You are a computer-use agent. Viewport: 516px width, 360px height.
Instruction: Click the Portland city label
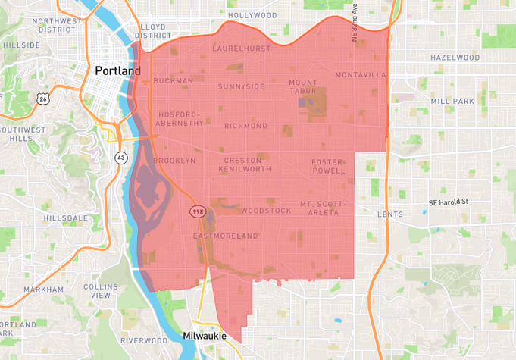click(x=117, y=70)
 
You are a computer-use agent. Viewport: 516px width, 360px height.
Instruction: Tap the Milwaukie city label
click(x=205, y=335)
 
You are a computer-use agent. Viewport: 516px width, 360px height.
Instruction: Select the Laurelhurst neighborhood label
click(x=241, y=48)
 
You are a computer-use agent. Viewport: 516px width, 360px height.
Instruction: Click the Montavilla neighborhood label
click(x=361, y=75)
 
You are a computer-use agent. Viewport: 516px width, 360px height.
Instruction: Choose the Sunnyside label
click(x=242, y=86)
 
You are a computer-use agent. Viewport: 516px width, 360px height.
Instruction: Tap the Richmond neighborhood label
click(x=245, y=126)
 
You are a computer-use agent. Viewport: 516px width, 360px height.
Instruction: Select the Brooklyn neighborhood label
click(x=174, y=161)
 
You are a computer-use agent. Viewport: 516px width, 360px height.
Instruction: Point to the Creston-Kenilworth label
click(x=245, y=164)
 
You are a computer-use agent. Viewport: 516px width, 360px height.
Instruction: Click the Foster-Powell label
click(x=328, y=166)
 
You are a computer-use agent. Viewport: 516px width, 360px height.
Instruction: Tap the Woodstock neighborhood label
click(x=266, y=211)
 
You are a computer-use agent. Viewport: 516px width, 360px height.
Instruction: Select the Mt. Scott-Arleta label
click(x=322, y=208)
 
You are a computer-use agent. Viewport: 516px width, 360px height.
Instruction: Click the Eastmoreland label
click(x=226, y=236)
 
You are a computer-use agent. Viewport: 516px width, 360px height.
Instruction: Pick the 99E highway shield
click(x=198, y=211)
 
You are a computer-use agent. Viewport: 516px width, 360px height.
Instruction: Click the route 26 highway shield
click(x=43, y=99)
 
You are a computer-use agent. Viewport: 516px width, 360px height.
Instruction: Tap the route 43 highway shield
click(x=121, y=158)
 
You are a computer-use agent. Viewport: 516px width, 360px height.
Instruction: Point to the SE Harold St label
click(x=449, y=202)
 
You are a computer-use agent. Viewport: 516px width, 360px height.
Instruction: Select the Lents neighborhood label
click(x=390, y=214)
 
